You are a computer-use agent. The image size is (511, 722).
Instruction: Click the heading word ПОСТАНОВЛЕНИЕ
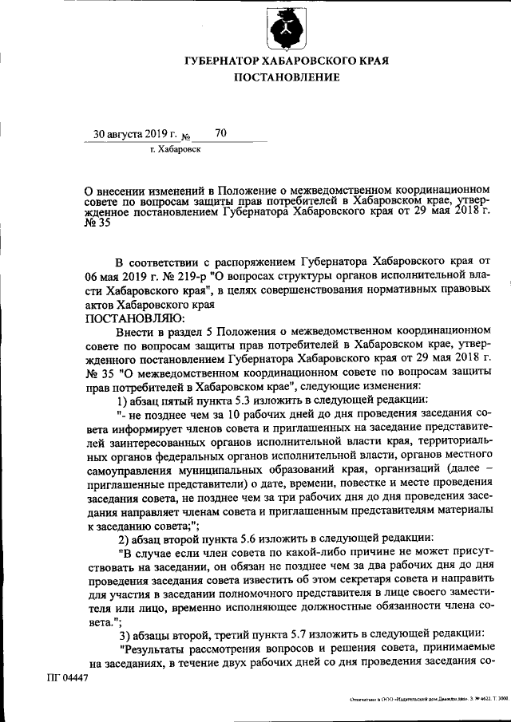click(x=287, y=77)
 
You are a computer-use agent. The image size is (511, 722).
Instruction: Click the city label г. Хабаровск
click(x=175, y=149)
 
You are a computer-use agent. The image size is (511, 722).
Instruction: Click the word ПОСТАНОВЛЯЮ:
click(x=128, y=317)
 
